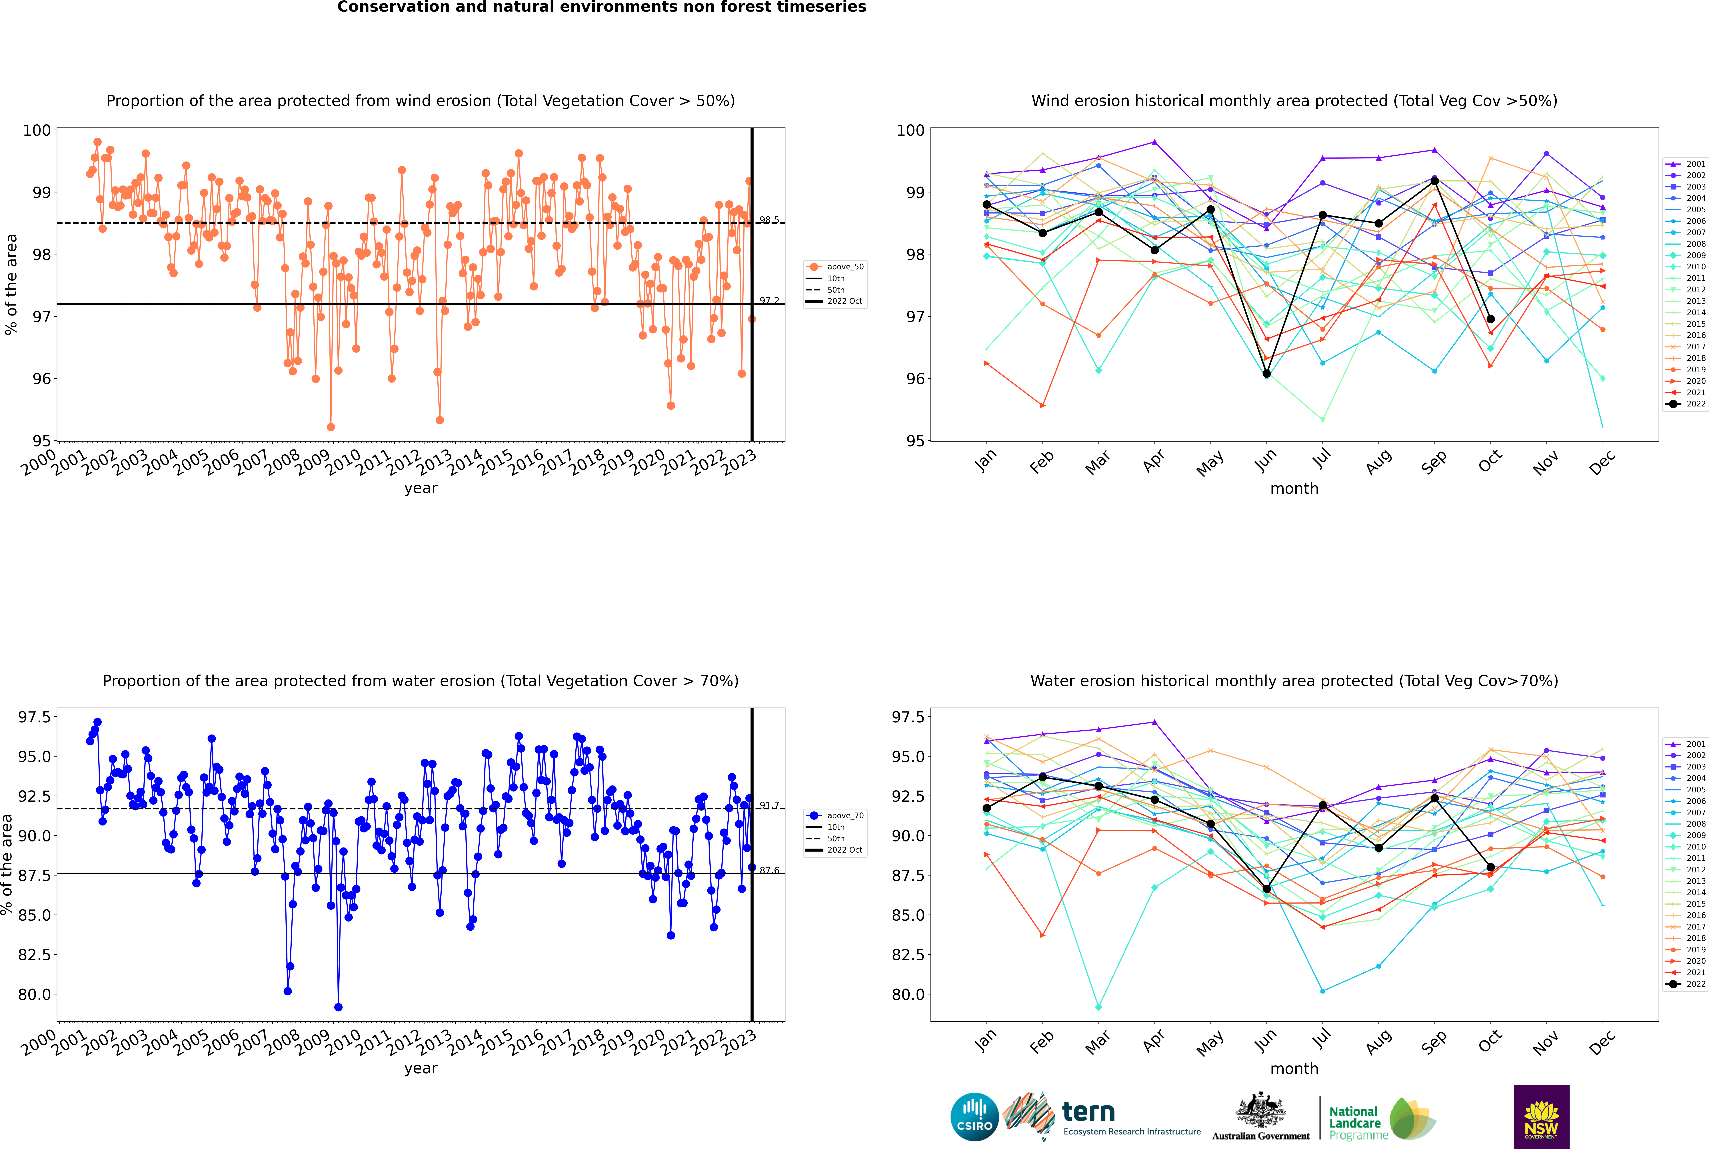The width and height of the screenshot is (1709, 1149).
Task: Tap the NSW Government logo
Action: (x=1541, y=1117)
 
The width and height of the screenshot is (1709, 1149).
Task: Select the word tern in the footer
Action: (x=1088, y=1112)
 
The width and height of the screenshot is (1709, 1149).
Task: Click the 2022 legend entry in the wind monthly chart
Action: (x=1685, y=404)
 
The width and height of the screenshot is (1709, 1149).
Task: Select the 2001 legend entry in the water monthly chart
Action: (x=1685, y=744)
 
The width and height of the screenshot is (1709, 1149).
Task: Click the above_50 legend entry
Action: (x=835, y=267)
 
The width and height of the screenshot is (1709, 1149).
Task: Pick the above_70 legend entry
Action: (x=835, y=816)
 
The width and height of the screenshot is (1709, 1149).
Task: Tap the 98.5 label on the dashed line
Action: (x=769, y=220)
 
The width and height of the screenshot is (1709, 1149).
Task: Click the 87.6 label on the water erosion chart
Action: (x=769, y=871)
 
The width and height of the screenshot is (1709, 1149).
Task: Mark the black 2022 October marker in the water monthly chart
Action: (x=1491, y=868)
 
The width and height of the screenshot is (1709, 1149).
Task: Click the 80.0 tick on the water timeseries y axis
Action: (x=35, y=994)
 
